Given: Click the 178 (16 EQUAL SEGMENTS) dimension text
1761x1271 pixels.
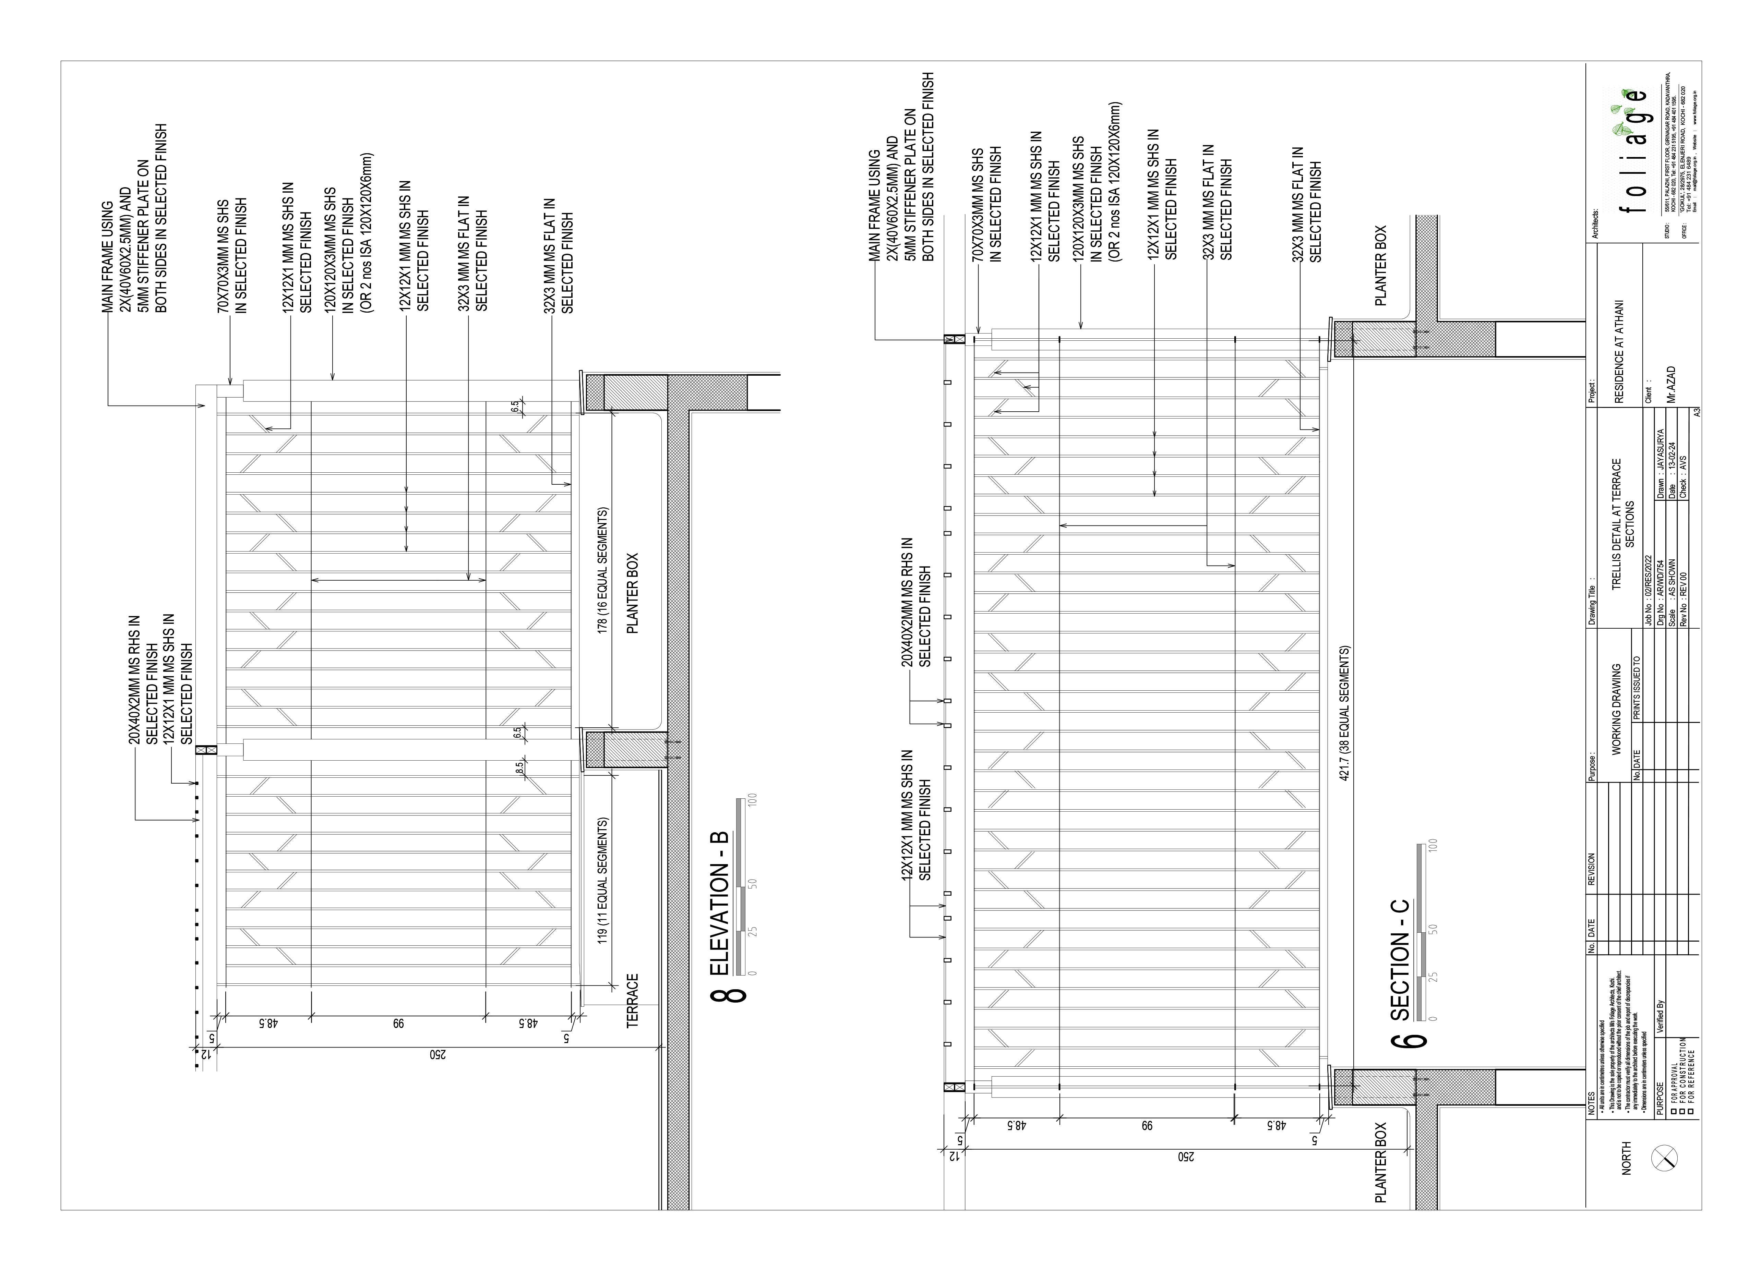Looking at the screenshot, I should click(603, 571).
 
